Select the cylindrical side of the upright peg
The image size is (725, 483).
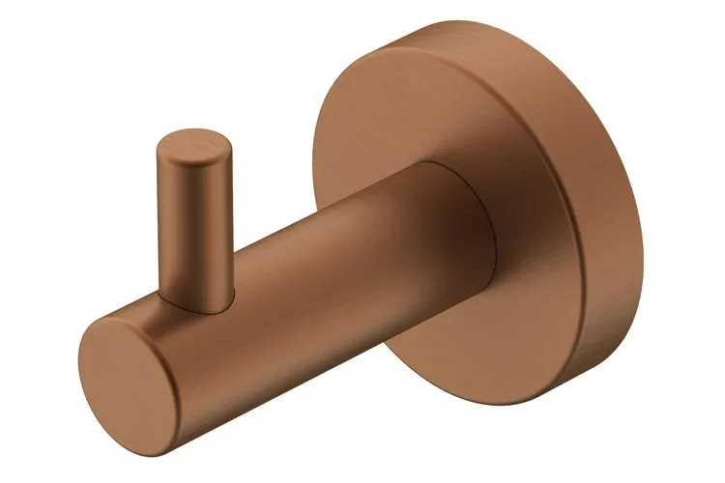[198, 222]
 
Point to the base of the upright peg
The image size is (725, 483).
[198, 290]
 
